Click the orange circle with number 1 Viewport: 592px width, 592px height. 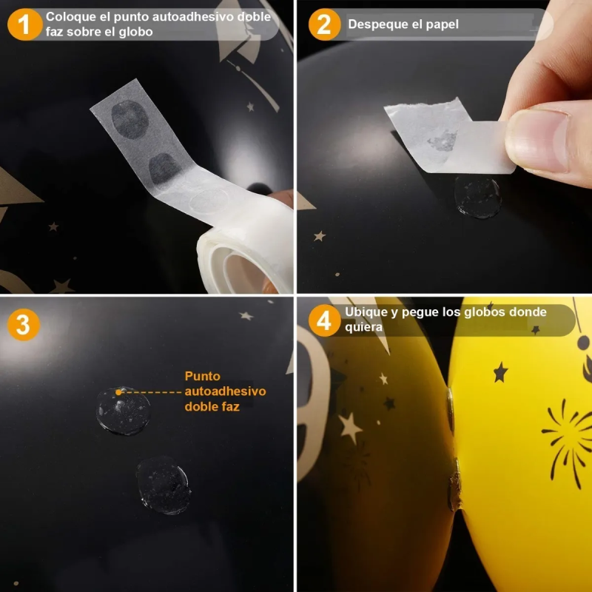[x=24, y=24]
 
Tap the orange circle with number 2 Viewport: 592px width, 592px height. [x=325, y=24]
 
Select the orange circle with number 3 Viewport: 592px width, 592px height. [x=24, y=325]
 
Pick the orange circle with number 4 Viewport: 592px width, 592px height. [x=325, y=320]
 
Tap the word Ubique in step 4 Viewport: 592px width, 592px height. [x=362, y=312]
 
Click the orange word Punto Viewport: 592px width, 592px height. [x=202, y=376]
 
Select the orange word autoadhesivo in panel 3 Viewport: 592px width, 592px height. [x=226, y=391]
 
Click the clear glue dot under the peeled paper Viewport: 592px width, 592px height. [x=478, y=197]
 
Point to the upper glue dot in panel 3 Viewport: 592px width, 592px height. [x=124, y=411]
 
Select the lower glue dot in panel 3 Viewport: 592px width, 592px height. [x=164, y=485]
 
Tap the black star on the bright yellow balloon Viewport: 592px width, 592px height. [x=501, y=372]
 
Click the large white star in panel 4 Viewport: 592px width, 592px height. [x=350, y=428]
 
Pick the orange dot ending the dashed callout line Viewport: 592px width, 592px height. [x=118, y=392]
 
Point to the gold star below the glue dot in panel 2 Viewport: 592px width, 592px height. [x=320, y=236]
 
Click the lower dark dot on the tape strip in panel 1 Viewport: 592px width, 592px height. [x=164, y=169]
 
